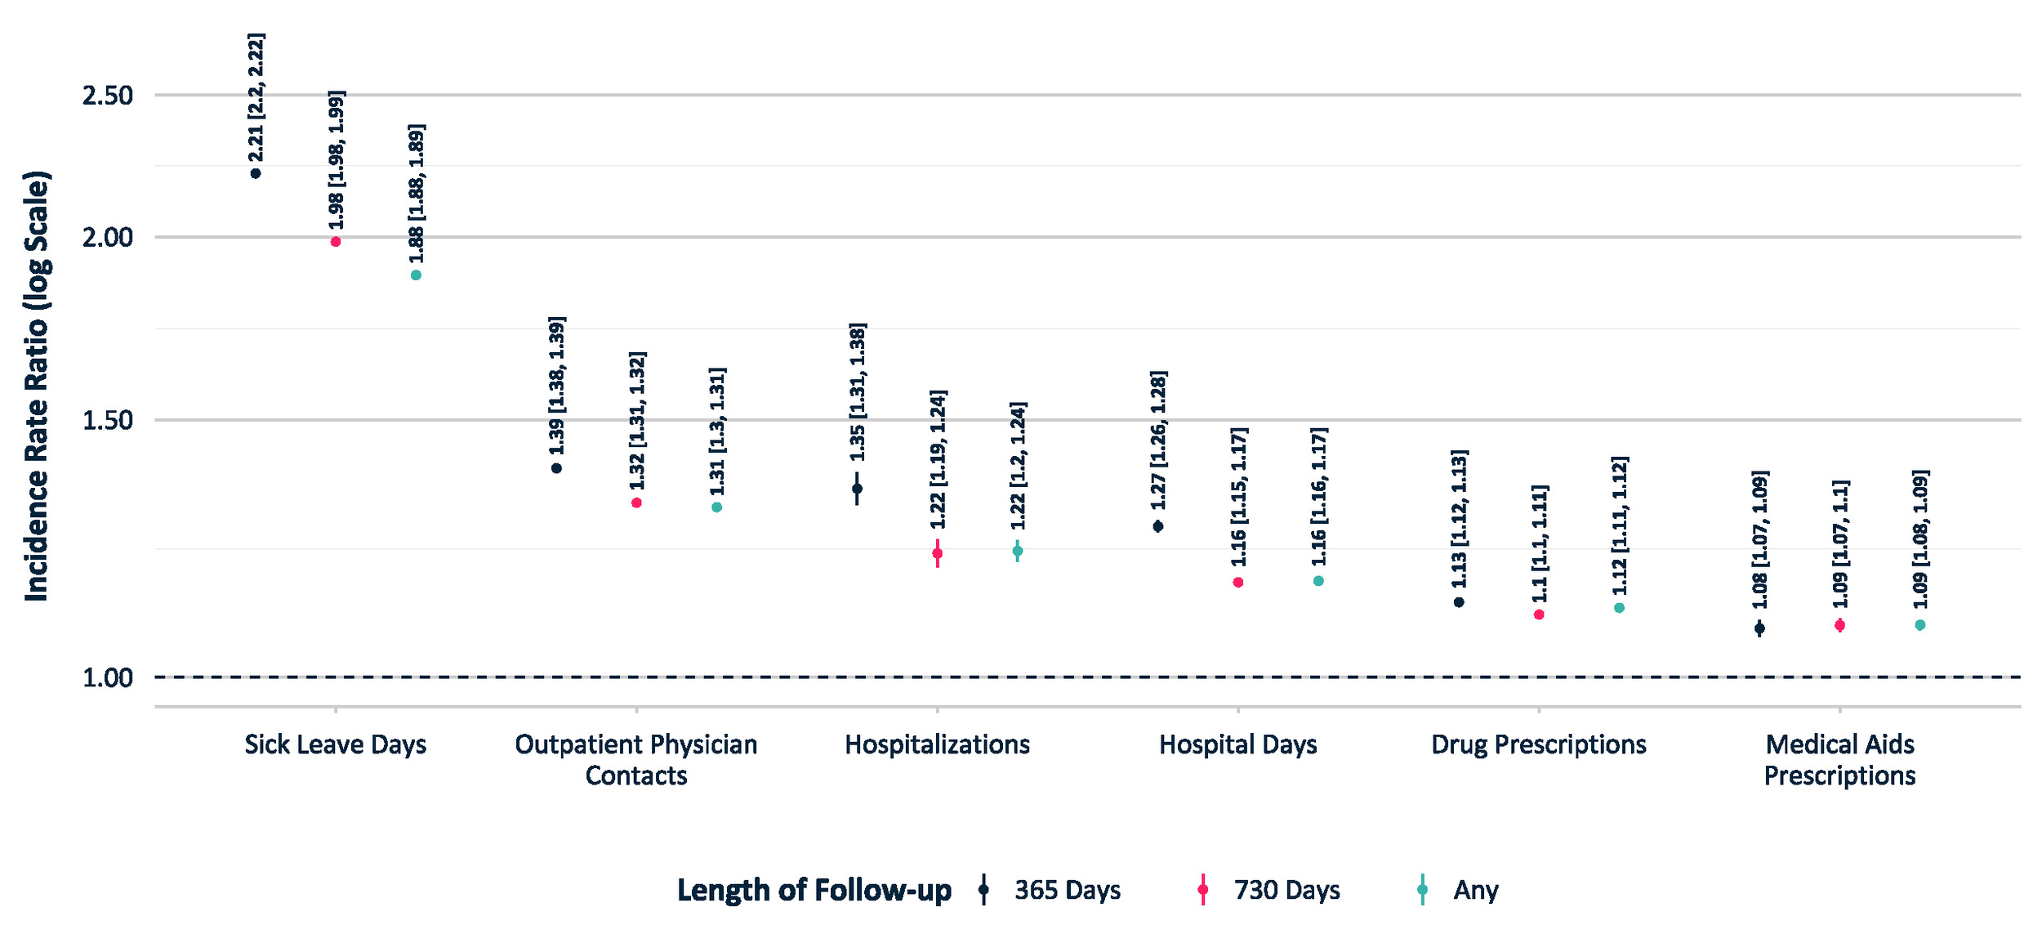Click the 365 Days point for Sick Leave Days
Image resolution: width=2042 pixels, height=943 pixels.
pyautogui.click(x=256, y=173)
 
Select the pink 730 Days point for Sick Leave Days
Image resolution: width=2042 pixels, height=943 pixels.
pyautogui.click(x=336, y=242)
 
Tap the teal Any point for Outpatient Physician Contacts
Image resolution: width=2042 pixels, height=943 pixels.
pyautogui.click(x=717, y=507)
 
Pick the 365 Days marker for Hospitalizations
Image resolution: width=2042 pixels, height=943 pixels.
pyautogui.click(x=857, y=489)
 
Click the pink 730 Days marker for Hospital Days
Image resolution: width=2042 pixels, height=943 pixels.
pyautogui.click(x=1238, y=583)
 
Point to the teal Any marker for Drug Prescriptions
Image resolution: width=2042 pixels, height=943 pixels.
pyautogui.click(x=1620, y=608)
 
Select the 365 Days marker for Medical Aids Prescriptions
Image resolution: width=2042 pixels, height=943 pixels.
pyautogui.click(x=1760, y=628)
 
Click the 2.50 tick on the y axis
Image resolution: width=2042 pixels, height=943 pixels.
pyautogui.click(x=108, y=96)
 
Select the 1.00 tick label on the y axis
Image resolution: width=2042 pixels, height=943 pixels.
pyautogui.click(x=108, y=677)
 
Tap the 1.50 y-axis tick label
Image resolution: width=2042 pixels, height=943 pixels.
pyautogui.click(x=108, y=420)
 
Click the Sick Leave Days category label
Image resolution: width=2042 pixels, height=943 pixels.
pyautogui.click(x=336, y=744)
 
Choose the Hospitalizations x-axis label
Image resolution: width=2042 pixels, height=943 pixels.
pyautogui.click(x=938, y=744)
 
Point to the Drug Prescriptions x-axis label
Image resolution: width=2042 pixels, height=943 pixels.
pyautogui.click(x=1539, y=744)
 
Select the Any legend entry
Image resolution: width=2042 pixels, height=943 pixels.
pyautogui.click(x=1459, y=890)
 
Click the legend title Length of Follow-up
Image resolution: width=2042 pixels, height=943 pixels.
pyautogui.click(x=814, y=890)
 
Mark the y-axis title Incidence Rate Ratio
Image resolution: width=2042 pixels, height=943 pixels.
pyautogui.click(x=37, y=387)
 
